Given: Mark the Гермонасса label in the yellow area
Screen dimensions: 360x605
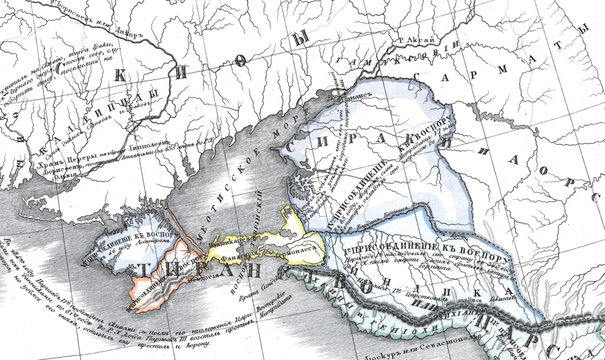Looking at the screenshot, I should pos(296,254).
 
